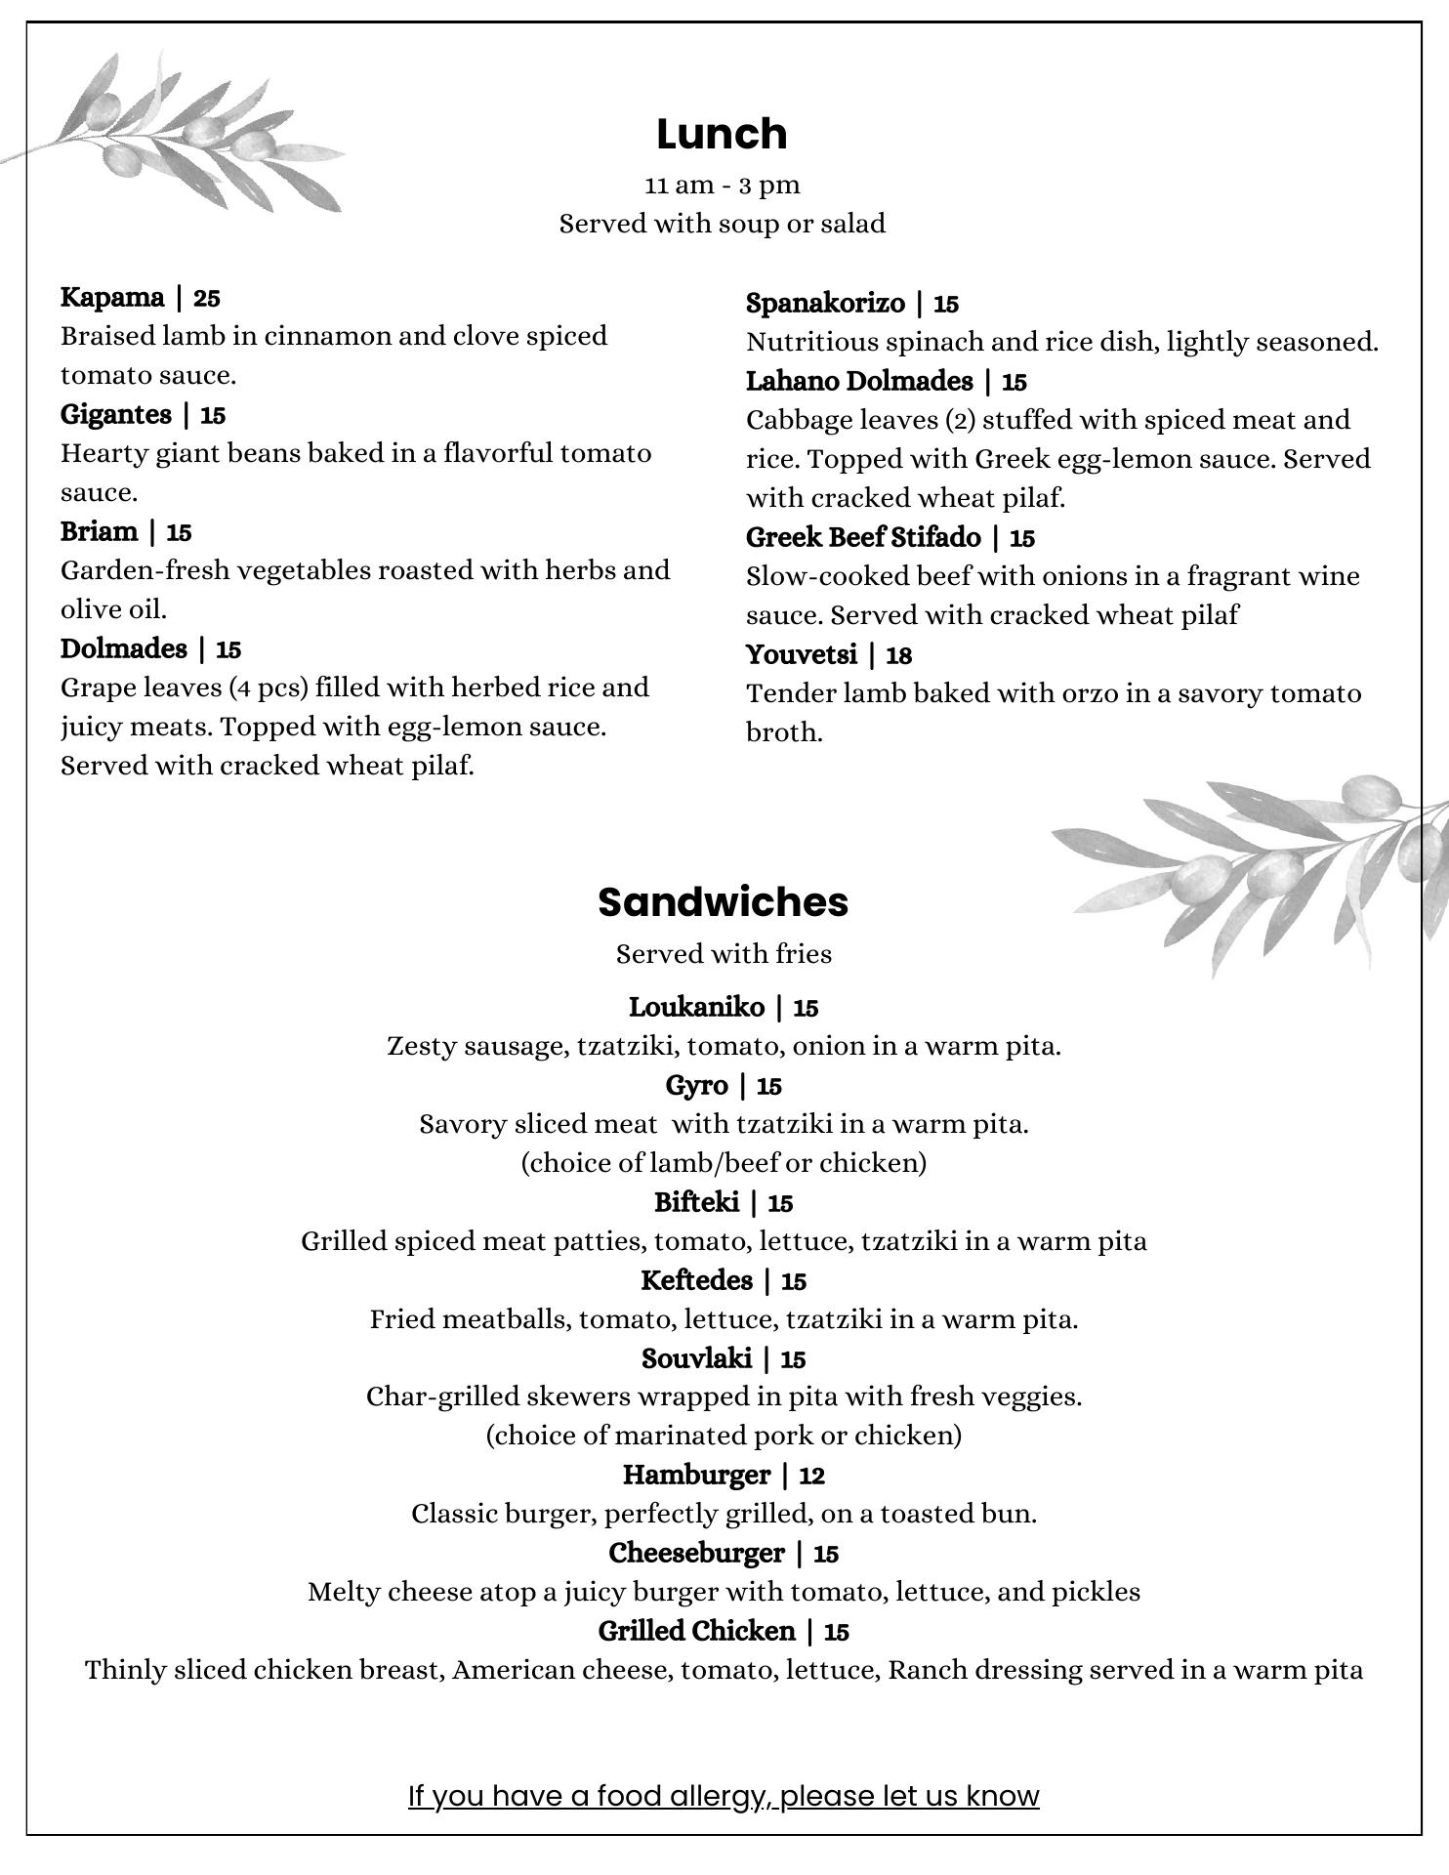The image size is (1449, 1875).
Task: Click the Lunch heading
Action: pos(722,134)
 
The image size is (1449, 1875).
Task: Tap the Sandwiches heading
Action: pos(723,901)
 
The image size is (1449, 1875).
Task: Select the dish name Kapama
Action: pos(112,297)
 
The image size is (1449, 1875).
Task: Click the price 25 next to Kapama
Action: pos(206,298)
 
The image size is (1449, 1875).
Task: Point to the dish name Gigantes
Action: pos(116,414)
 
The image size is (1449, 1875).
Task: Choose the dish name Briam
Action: pos(100,531)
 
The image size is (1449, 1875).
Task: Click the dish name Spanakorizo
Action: pos(825,303)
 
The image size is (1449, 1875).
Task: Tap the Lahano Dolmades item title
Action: pos(859,381)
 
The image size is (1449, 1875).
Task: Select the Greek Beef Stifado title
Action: pos(863,537)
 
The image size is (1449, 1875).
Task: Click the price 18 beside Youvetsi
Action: pos(898,655)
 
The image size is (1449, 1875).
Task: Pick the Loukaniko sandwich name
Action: pos(696,1007)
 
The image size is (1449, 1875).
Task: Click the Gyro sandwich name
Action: pos(696,1085)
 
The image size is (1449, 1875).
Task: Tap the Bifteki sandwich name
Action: pos(696,1202)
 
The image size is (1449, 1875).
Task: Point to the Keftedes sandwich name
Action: pos(696,1280)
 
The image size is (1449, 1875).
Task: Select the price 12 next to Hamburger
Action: pos(811,1476)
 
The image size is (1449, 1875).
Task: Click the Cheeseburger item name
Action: pos(696,1553)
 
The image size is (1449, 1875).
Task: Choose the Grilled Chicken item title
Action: pos(696,1631)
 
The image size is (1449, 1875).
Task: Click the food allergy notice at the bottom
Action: pos(724,1795)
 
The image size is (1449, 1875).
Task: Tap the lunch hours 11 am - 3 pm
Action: pos(723,185)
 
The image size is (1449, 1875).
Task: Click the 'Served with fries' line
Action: pos(724,953)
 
